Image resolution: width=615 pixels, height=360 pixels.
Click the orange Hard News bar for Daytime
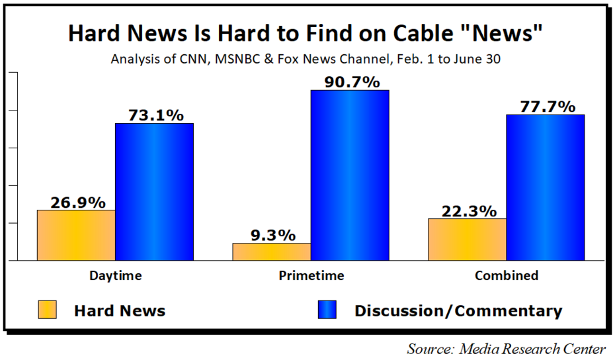tap(76, 235)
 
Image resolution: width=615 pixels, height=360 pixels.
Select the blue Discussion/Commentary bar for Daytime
tap(154, 192)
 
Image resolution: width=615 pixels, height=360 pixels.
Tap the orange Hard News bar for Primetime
tap(272, 251)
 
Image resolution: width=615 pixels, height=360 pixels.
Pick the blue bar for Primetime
tap(350, 175)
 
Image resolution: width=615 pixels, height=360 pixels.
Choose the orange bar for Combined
tap(467, 239)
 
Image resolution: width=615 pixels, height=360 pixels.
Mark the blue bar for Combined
tap(545, 187)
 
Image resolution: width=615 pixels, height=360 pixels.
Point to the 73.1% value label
tap(154, 114)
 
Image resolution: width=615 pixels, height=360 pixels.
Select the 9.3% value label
tap(271, 234)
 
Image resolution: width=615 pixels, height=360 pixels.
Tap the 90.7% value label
tap(350, 81)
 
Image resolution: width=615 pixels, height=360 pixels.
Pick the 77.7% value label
tap(545, 106)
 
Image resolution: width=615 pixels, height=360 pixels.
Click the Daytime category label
tap(115, 275)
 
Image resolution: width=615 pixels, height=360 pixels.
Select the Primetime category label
tap(311, 275)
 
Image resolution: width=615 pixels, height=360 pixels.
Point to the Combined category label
tap(506, 275)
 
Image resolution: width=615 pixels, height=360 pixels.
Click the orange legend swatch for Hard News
tap(48, 310)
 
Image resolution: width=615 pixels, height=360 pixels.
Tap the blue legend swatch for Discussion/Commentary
tap(327, 310)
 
